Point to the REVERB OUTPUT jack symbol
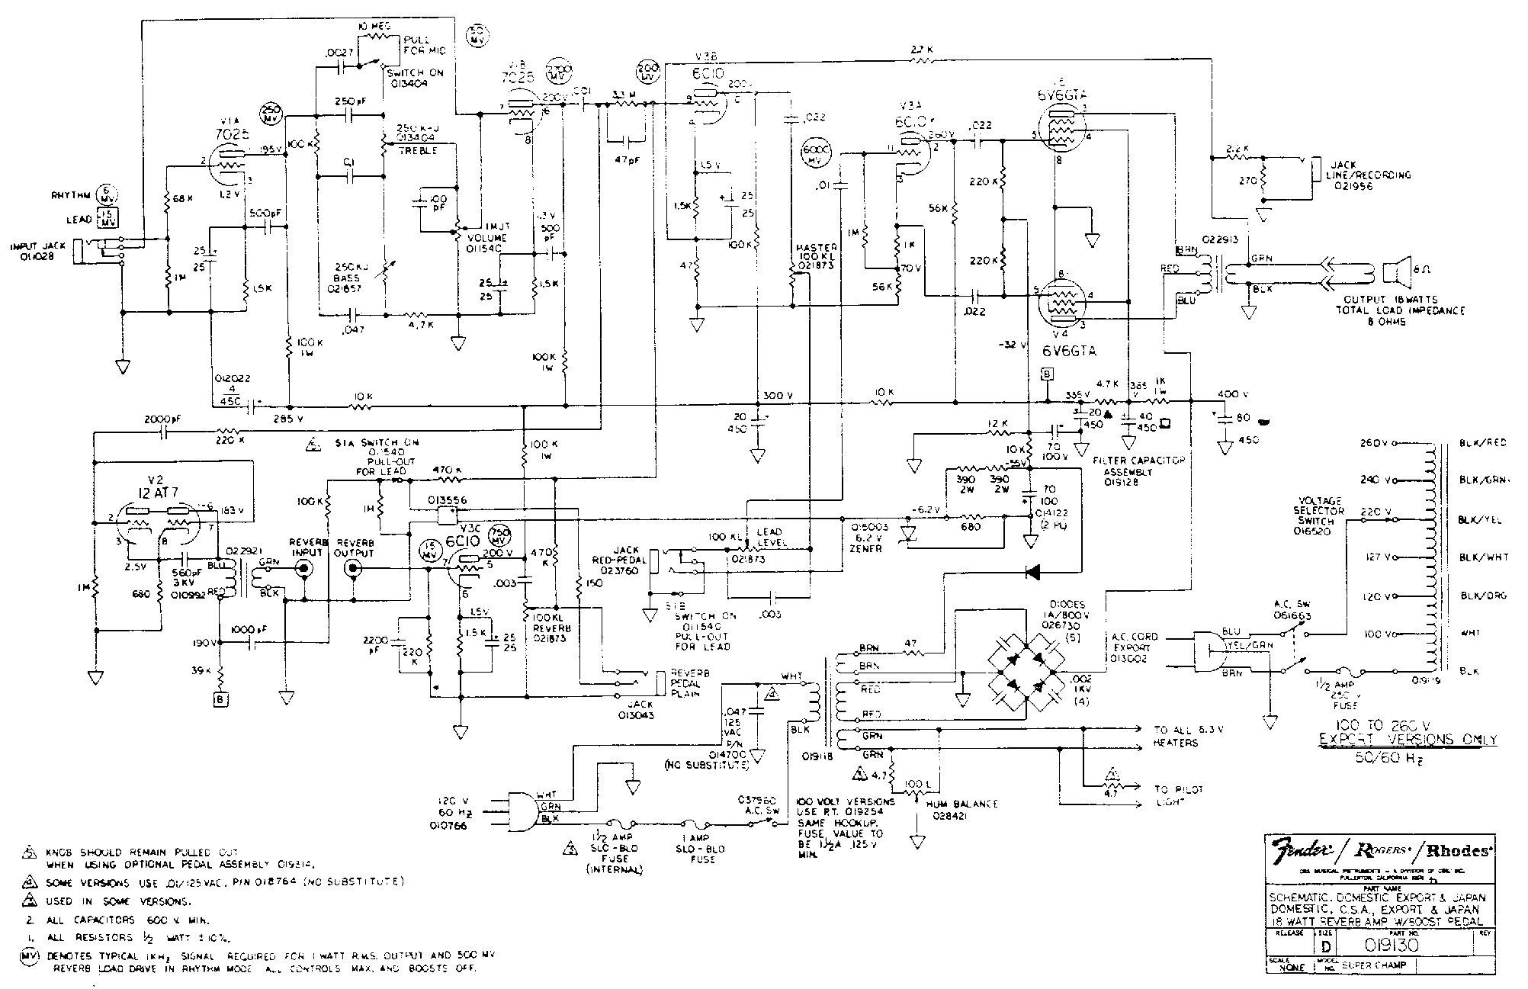coord(353,568)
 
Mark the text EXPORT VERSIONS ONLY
coord(1408,740)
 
